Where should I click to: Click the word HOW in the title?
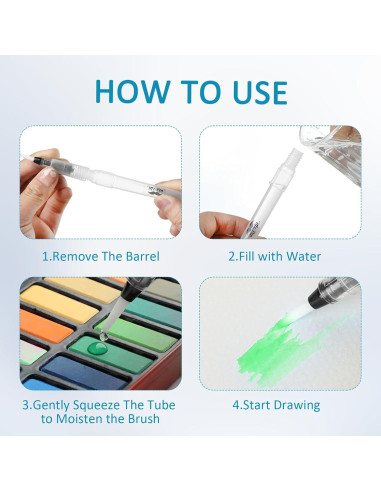tap(132, 91)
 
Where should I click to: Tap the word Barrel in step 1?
tap(143, 256)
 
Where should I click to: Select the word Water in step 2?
tap(303, 256)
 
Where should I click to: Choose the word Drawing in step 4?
tap(299, 406)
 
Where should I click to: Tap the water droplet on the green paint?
tap(97, 349)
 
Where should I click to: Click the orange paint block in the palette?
tap(45, 325)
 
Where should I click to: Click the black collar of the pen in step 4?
tap(319, 296)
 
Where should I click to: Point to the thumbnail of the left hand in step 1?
tap(49, 172)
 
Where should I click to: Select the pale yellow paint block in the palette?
tap(59, 302)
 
